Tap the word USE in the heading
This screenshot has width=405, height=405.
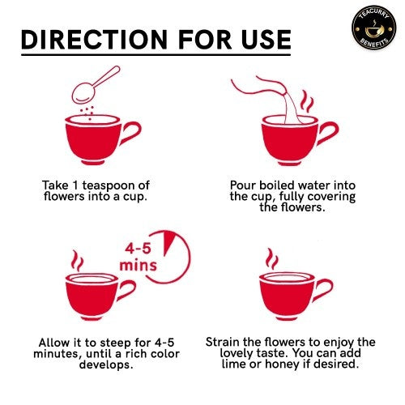pyautogui.click(x=260, y=40)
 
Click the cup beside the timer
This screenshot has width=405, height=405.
pyautogui.click(x=93, y=296)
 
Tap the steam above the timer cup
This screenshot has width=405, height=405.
pyautogui.click(x=76, y=261)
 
